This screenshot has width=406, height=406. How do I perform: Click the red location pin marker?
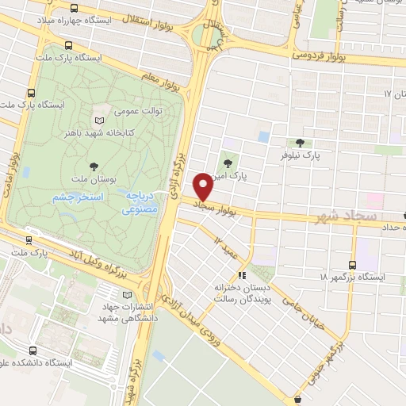click(x=204, y=186)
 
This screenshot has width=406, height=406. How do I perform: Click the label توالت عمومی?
click(x=140, y=111)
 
